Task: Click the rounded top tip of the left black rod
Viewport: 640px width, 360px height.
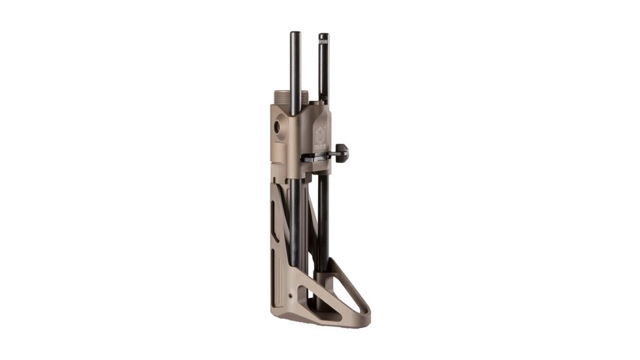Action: (x=296, y=34)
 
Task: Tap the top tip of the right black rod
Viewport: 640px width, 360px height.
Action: (x=323, y=35)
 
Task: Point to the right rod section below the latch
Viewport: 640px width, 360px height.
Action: (x=323, y=209)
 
